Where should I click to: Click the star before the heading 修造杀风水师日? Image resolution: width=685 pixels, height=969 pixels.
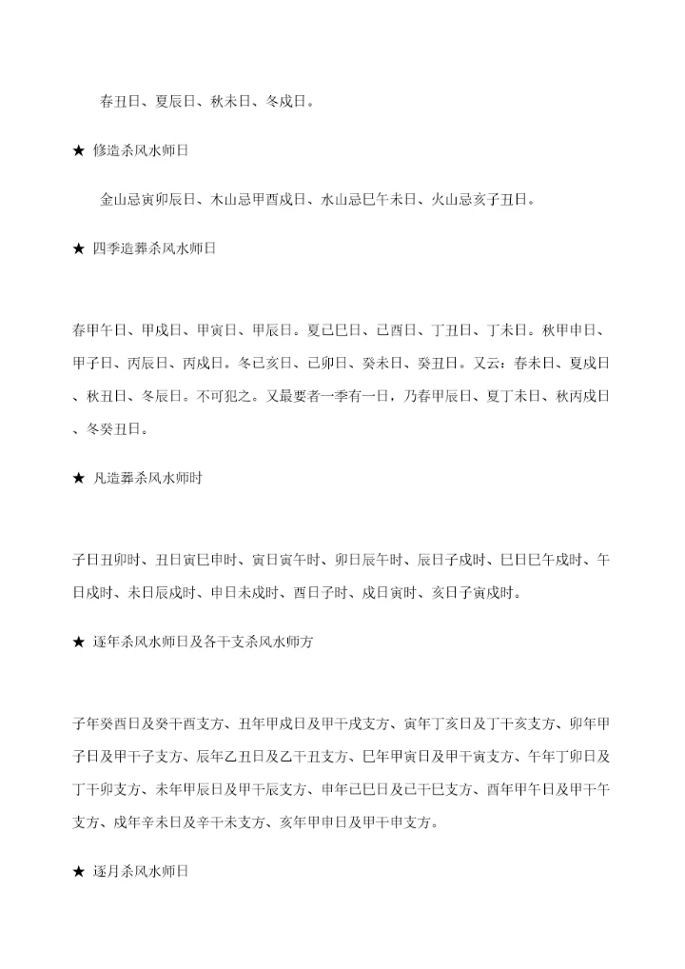click(x=79, y=150)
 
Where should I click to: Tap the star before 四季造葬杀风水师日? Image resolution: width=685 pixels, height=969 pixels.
click(x=79, y=249)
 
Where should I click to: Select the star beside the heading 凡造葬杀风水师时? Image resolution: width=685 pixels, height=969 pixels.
click(x=79, y=478)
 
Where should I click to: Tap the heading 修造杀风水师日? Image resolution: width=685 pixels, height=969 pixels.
click(x=141, y=150)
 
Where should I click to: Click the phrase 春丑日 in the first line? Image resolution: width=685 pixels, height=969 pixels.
click(x=121, y=101)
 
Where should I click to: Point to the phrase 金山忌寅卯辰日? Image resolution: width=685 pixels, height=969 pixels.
click(x=148, y=200)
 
